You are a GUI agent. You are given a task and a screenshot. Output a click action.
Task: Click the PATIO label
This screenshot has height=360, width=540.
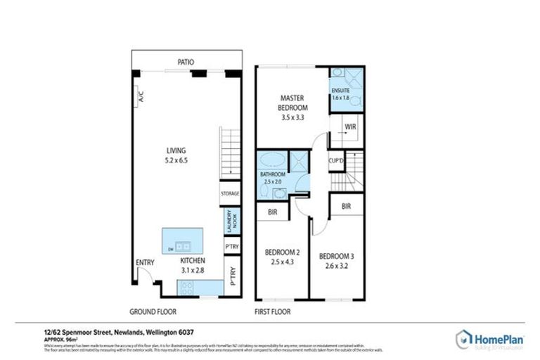[186, 63]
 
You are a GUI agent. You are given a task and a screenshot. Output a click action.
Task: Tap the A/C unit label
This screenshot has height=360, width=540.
[141, 96]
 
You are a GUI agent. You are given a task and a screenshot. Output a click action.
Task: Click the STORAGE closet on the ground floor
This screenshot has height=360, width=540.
[230, 193]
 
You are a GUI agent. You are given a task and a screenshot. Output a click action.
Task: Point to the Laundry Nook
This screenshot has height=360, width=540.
[229, 221]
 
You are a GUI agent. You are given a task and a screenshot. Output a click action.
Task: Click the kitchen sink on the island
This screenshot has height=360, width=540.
[182, 247]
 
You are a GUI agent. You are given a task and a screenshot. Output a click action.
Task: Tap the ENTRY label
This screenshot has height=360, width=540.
[145, 263]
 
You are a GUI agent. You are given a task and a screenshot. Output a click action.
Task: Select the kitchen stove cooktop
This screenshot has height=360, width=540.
[188, 287]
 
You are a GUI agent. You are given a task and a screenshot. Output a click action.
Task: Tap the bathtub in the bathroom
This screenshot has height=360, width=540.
[271, 160]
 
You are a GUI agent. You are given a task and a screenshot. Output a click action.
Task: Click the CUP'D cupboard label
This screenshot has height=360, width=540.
[336, 161]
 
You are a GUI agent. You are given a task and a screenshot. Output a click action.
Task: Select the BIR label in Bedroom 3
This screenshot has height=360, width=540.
[346, 206]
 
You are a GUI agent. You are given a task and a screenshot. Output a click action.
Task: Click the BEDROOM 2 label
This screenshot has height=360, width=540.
[282, 252]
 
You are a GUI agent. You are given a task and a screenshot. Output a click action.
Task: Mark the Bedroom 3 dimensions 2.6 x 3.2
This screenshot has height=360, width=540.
[336, 266]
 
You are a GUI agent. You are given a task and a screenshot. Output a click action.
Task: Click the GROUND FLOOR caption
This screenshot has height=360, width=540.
[153, 311]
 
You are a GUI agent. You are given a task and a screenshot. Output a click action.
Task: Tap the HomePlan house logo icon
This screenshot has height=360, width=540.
[464, 339]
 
